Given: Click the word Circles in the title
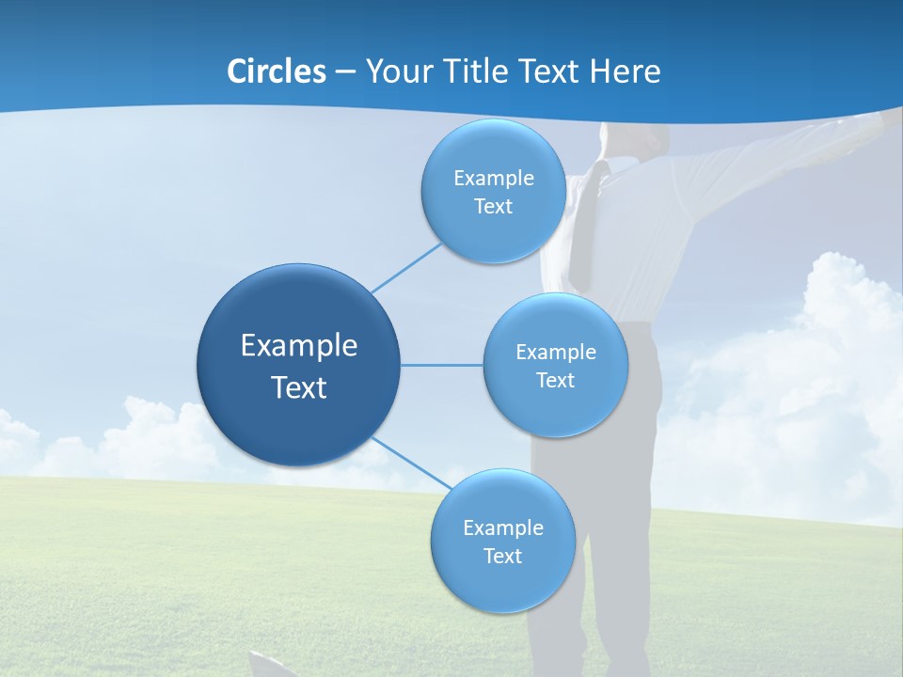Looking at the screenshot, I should point(277,71).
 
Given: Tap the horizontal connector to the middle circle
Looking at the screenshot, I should point(442,365).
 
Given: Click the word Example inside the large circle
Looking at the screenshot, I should point(299,346).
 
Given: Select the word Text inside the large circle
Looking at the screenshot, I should point(299,387).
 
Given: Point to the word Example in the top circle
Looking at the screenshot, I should point(494,178).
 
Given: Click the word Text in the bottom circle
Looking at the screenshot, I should point(502,556).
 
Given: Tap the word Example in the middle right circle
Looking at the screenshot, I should point(556,352).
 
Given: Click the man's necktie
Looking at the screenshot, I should point(586,226).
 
